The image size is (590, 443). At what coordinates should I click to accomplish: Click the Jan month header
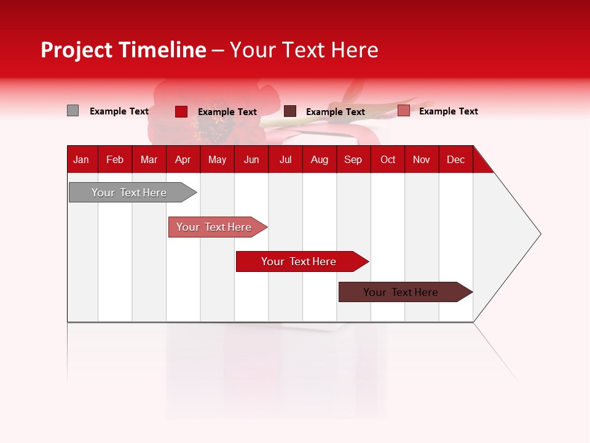tap(82, 159)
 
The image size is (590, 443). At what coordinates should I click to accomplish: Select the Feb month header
tap(115, 159)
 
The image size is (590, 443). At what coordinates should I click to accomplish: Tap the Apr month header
tap(183, 159)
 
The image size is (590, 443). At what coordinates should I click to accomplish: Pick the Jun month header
tap(251, 159)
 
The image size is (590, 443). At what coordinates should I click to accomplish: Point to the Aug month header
tap(319, 159)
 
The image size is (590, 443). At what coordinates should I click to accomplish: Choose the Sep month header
tap(353, 159)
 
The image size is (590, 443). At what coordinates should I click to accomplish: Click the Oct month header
tap(388, 159)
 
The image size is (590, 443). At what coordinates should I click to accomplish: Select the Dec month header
tap(455, 159)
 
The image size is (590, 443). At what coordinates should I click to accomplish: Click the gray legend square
tap(73, 111)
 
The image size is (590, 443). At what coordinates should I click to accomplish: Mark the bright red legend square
tap(181, 111)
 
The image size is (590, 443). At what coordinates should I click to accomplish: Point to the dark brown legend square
tap(290, 111)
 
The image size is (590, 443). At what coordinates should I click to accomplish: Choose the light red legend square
tap(403, 111)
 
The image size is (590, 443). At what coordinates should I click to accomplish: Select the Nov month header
tap(422, 159)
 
